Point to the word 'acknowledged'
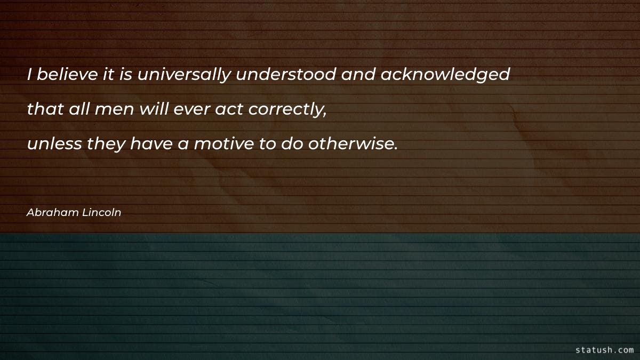click(x=445, y=75)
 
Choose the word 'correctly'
click(x=289, y=109)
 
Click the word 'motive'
click(x=221, y=143)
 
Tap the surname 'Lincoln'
click(x=102, y=212)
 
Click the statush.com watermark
click(x=604, y=350)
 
